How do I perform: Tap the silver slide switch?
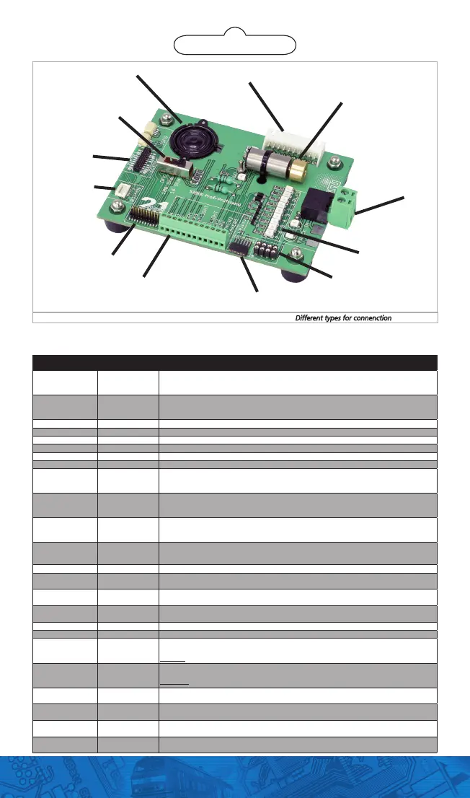point(175,169)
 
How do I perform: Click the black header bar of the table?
point(234,362)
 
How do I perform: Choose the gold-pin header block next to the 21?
point(145,216)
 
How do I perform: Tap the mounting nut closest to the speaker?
point(164,115)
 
